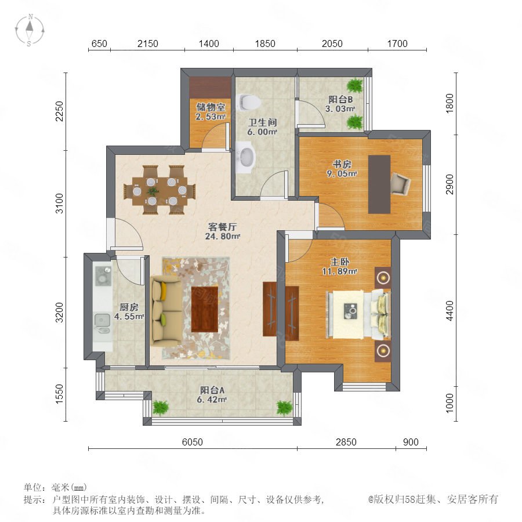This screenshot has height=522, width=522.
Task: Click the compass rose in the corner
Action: (30, 30)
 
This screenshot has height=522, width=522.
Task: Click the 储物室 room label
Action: (211, 107)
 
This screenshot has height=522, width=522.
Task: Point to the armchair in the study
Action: (400, 183)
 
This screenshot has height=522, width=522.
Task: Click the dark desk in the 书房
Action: (379, 184)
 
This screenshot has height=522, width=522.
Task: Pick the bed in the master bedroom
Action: (358, 314)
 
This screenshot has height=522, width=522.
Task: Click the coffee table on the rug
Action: (205, 309)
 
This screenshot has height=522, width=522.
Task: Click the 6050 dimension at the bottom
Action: (193, 442)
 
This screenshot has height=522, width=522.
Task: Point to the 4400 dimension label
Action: (449, 310)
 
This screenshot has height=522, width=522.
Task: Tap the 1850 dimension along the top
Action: (265, 43)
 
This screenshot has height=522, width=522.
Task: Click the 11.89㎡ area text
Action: (339, 271)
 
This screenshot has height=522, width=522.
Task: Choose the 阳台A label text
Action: (212, 390)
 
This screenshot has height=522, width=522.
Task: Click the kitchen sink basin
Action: (102, 320)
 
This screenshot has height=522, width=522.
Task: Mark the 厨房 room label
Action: (129, 307)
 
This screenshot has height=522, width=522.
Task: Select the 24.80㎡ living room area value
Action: (222, 237)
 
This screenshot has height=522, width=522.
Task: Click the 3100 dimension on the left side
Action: (59, 204)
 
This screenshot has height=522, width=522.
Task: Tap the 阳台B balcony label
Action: (340, 99)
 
